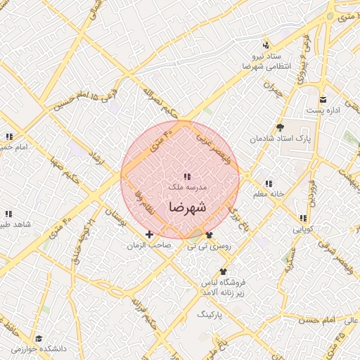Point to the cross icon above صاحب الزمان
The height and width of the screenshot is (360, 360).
point(149,234)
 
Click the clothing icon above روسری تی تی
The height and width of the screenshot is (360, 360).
point(209,235)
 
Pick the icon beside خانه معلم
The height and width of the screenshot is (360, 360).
point(268,184)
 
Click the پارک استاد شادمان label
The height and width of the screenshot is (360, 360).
point(279,139)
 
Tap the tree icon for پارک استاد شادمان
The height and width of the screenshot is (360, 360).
point(280,127)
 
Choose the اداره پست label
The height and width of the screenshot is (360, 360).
point(324,111)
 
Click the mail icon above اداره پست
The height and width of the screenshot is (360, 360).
point(323,99)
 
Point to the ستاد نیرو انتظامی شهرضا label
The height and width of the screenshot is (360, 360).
point(261,60)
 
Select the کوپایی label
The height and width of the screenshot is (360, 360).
point(303,229)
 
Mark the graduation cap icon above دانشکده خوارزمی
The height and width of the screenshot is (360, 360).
point(38,337)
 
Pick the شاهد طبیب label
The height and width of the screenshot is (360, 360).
point(14,224)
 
